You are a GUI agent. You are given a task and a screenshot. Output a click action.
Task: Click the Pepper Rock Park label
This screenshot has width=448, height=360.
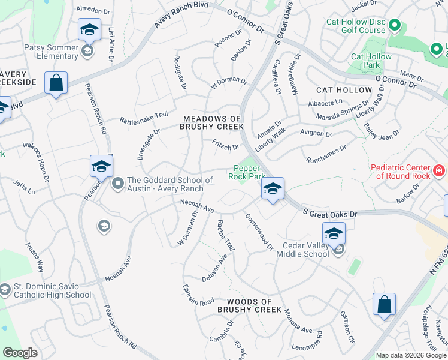246,173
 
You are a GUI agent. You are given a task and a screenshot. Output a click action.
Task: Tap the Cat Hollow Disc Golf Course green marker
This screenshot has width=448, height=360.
394,25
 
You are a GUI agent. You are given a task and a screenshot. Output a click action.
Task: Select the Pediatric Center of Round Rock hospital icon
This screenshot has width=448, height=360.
439,171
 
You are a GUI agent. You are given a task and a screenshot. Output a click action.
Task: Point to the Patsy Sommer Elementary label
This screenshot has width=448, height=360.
50,51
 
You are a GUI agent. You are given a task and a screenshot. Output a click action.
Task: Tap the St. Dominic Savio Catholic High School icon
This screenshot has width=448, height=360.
5,290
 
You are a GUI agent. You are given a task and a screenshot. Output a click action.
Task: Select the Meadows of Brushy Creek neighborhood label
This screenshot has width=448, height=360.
213,123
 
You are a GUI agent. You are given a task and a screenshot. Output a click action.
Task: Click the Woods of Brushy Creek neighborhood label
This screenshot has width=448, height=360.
249,306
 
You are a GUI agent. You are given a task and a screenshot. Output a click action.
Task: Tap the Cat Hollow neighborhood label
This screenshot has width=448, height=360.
344,90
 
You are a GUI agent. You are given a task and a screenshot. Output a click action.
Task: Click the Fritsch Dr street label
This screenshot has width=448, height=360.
226,145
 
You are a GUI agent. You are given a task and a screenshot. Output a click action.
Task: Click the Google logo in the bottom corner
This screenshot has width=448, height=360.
20,353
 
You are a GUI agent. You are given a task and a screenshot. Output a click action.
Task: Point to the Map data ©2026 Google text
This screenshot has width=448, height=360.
411,355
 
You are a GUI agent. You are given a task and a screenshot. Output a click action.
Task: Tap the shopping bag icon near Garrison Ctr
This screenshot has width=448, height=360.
383,304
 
